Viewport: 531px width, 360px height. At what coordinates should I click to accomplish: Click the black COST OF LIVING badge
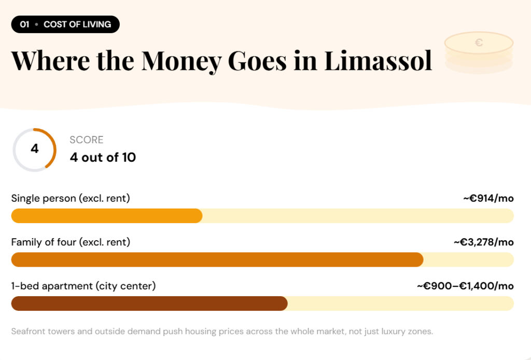[65, 24]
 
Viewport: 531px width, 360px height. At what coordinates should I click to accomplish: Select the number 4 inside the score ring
[35, 149]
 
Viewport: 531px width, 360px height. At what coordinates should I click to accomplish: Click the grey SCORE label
[87, 140]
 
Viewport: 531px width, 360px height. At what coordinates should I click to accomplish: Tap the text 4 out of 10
[103, 157]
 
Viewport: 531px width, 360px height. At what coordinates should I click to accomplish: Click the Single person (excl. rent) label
[71, 198]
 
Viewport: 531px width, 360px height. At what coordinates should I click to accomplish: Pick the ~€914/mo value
[488, 198]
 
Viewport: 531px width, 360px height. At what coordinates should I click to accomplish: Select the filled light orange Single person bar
[106, 216]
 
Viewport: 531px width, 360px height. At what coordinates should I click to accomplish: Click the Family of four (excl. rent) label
[71, 242]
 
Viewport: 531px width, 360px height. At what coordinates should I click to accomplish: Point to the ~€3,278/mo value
[483, 242]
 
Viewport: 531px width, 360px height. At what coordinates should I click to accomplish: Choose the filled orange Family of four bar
[217, 259]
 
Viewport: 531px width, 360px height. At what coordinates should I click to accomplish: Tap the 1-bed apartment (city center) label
[83, 286]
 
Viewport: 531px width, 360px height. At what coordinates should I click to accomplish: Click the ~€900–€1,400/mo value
[465, 286]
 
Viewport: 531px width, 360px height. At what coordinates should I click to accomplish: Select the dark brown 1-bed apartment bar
[149, 303]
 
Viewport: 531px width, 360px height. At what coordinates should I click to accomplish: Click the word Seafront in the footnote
[29, 331]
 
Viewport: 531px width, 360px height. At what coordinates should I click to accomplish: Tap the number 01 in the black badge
[24, 24]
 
